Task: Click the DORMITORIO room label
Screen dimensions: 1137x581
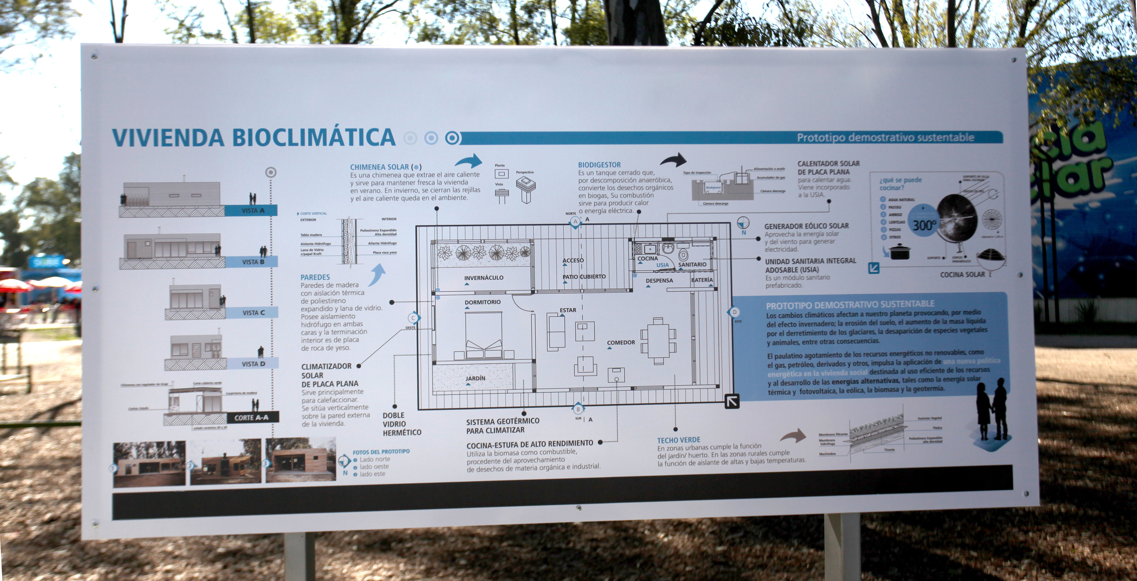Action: click(x=482, y=302)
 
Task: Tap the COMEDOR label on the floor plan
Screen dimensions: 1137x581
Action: click(x=621, y=343)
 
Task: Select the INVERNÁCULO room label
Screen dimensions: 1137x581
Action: click(x=483, y=278)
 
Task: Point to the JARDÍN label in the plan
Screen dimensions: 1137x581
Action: click(x=475, y=378)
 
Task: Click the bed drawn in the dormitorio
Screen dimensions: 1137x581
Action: click(x=484, y=335)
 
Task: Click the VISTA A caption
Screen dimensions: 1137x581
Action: click(x=253, y=211)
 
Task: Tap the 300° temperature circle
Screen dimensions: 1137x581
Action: click(x=924, y=226)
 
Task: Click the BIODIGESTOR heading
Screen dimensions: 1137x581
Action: click(x=599, y=165)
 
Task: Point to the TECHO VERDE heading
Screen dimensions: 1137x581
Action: click(x=678, y=440)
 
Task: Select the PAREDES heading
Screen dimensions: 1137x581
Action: click(x=315, y=277)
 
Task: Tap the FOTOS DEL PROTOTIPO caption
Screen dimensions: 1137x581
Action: click(x=381, y=452)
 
